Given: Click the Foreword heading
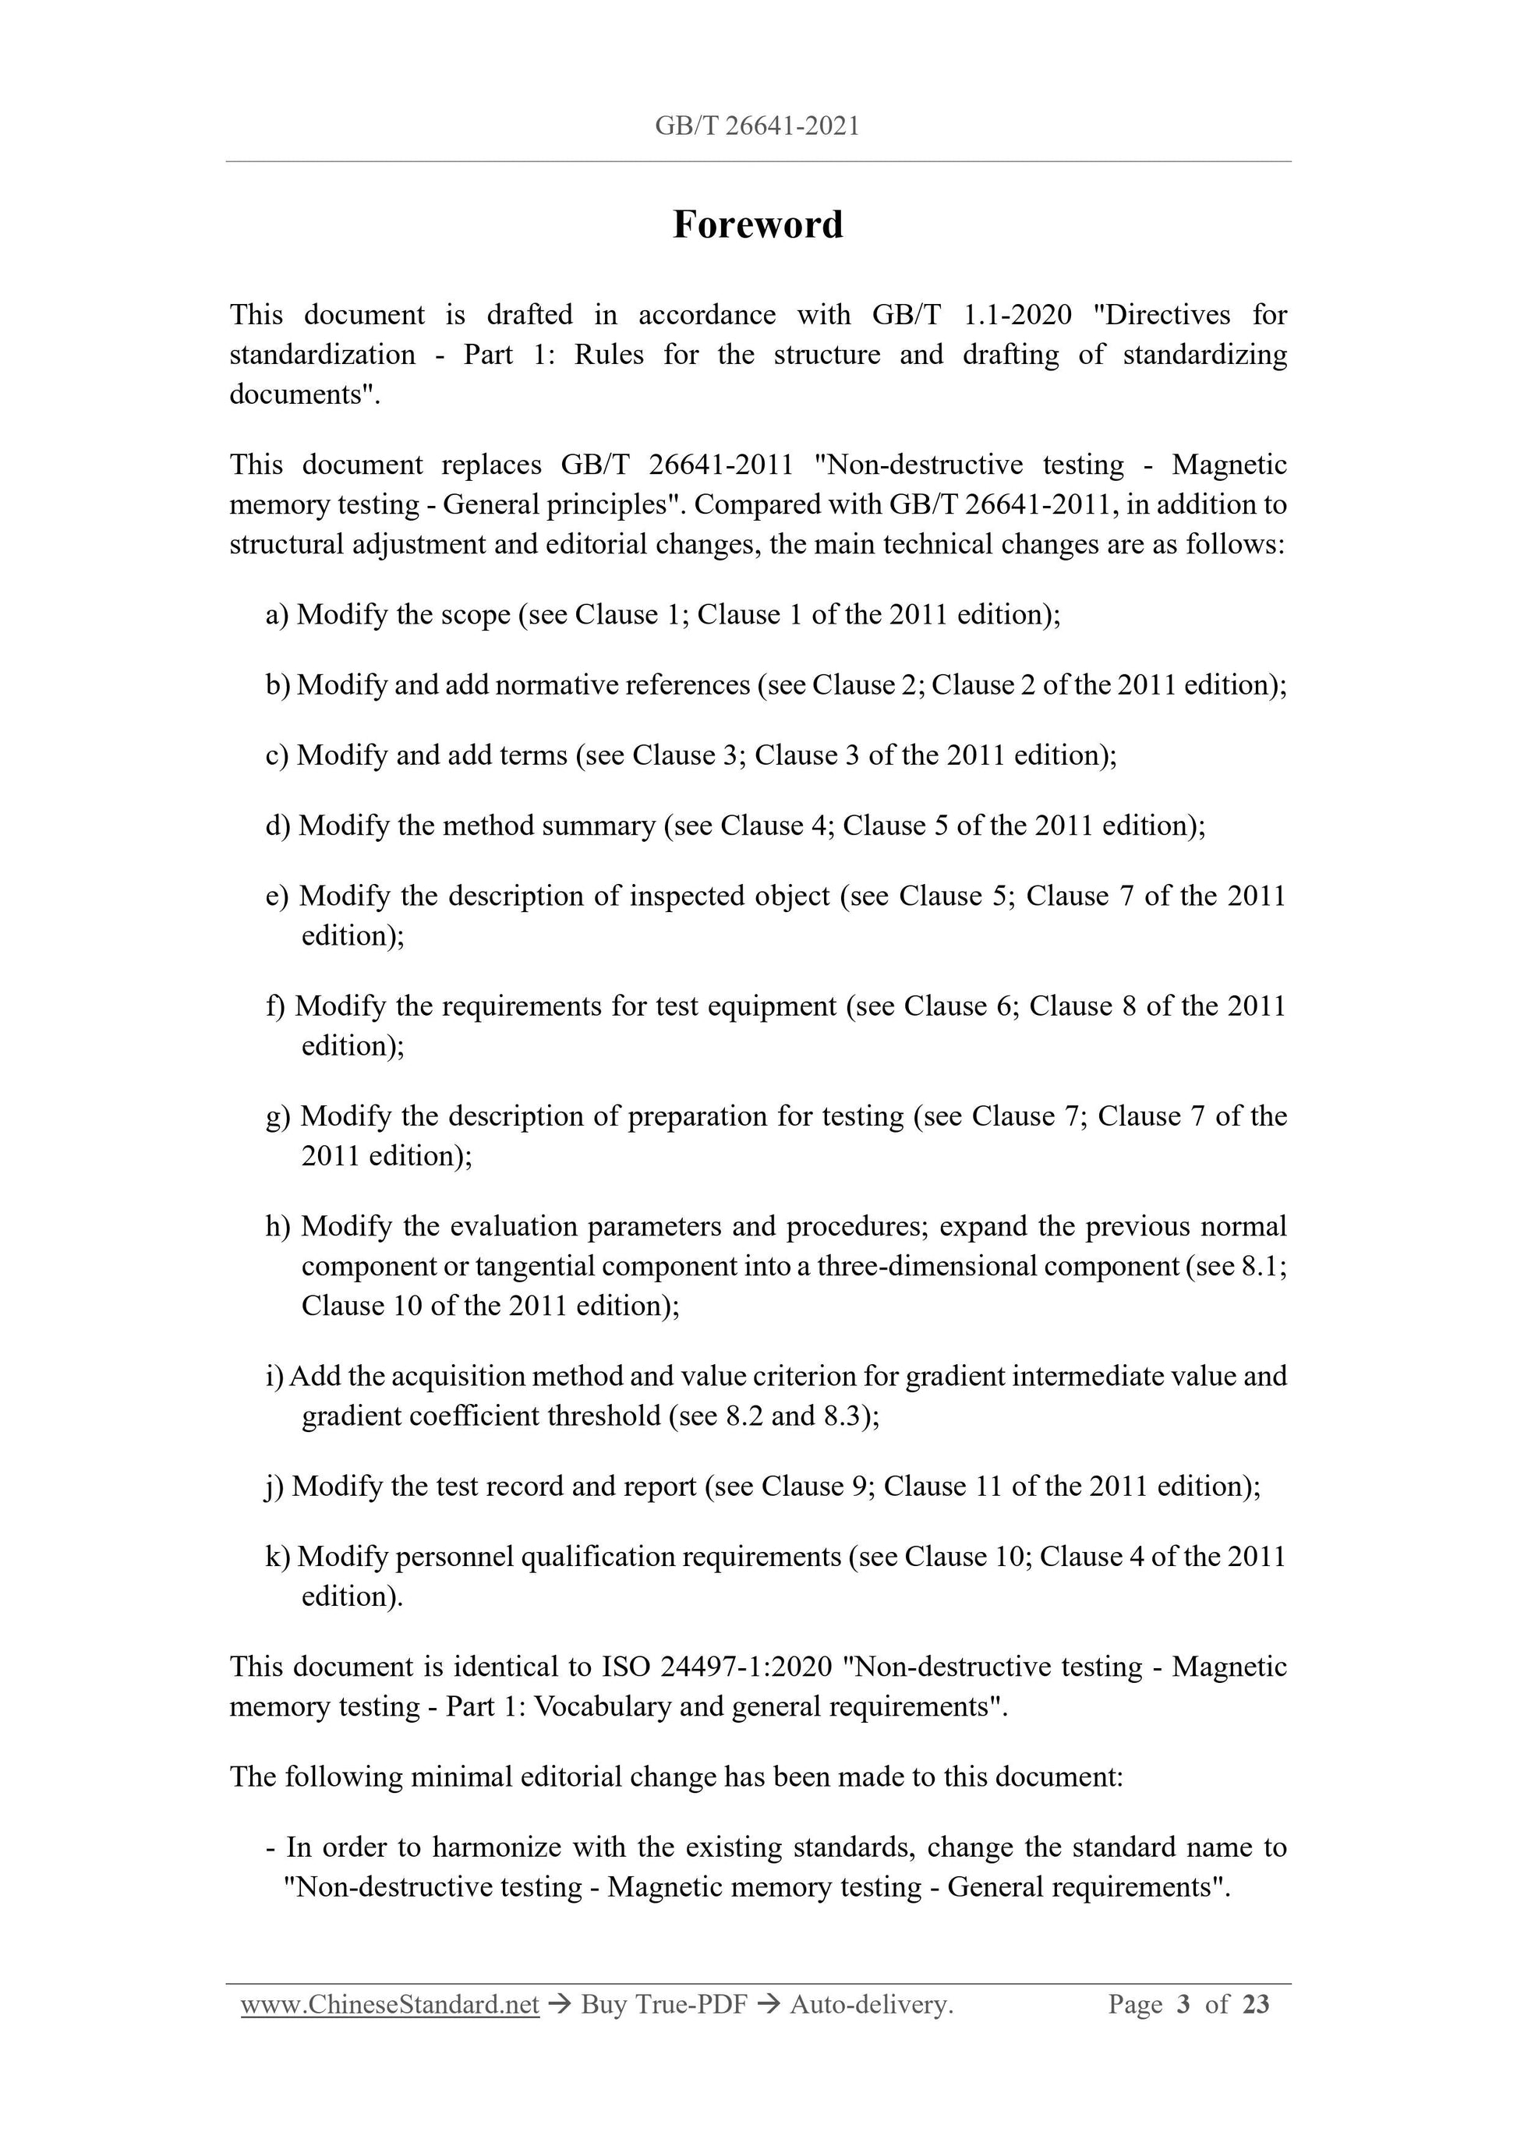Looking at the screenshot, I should point(757,224).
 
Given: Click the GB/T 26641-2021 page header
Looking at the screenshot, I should point(757,126).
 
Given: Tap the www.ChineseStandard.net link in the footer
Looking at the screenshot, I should point(390,2005).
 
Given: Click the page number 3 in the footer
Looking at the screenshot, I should point(1183,2005).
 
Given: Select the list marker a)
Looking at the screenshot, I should point(278,615).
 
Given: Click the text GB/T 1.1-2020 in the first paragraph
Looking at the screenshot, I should point(971,315).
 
